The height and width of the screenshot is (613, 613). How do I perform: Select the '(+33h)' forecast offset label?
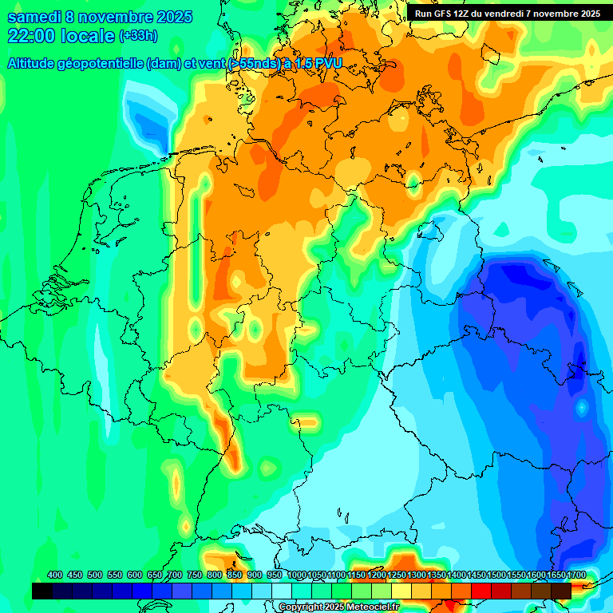(x=138, y=36)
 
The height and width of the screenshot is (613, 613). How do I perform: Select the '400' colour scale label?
(x=55, y=575)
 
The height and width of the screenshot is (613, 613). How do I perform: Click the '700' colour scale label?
(x=175, y=575)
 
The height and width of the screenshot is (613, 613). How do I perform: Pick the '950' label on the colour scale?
(x=275, y=575)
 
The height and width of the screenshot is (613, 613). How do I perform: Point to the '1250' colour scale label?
(x=397, y=575)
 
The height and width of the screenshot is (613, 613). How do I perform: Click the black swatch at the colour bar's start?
(x=42, y=591)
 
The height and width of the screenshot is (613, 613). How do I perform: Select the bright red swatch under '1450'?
(x=481, y=591)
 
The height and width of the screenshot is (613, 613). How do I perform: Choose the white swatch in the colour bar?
(x=282, y=591)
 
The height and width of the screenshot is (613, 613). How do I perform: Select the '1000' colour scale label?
(x=297, y=575)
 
